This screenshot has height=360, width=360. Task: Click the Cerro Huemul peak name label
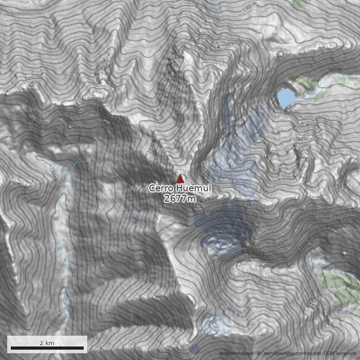click(180, 189)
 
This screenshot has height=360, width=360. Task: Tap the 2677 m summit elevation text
click(180, 198)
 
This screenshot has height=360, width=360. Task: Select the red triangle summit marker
click(180, 179)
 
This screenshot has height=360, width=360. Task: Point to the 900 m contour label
click(335, 70)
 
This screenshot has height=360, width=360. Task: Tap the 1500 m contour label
click(300, 139)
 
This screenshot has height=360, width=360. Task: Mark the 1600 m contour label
click(139, 318)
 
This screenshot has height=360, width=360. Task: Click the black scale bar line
click(47, 348)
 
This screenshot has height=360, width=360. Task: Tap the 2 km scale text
click(47, 343)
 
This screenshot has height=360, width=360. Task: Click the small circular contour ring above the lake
click(281, 54)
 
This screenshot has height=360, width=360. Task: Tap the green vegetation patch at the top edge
click(302, 4)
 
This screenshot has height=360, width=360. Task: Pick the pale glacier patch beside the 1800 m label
click(215, 323)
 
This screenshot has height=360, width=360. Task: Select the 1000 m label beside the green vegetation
click(345, 312)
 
